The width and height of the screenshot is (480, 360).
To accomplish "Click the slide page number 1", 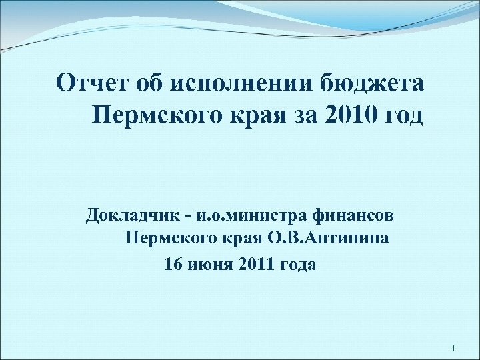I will (x=453, y=349).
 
